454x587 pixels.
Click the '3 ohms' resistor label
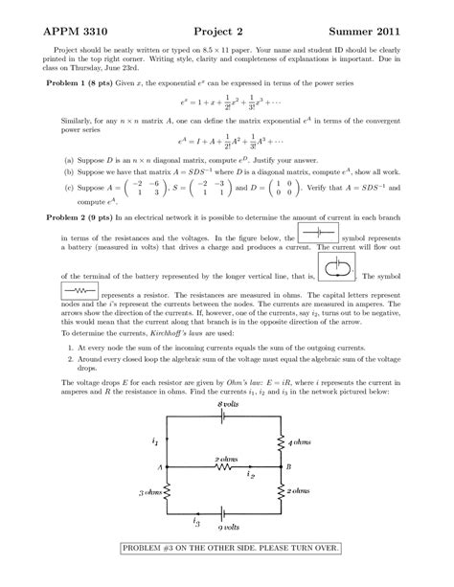click(x=151, y=492)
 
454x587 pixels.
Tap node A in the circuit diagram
click(x=159, y=466)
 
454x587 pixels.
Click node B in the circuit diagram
click(x=287, y=466)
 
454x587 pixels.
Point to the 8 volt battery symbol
click(x=226, y=418)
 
